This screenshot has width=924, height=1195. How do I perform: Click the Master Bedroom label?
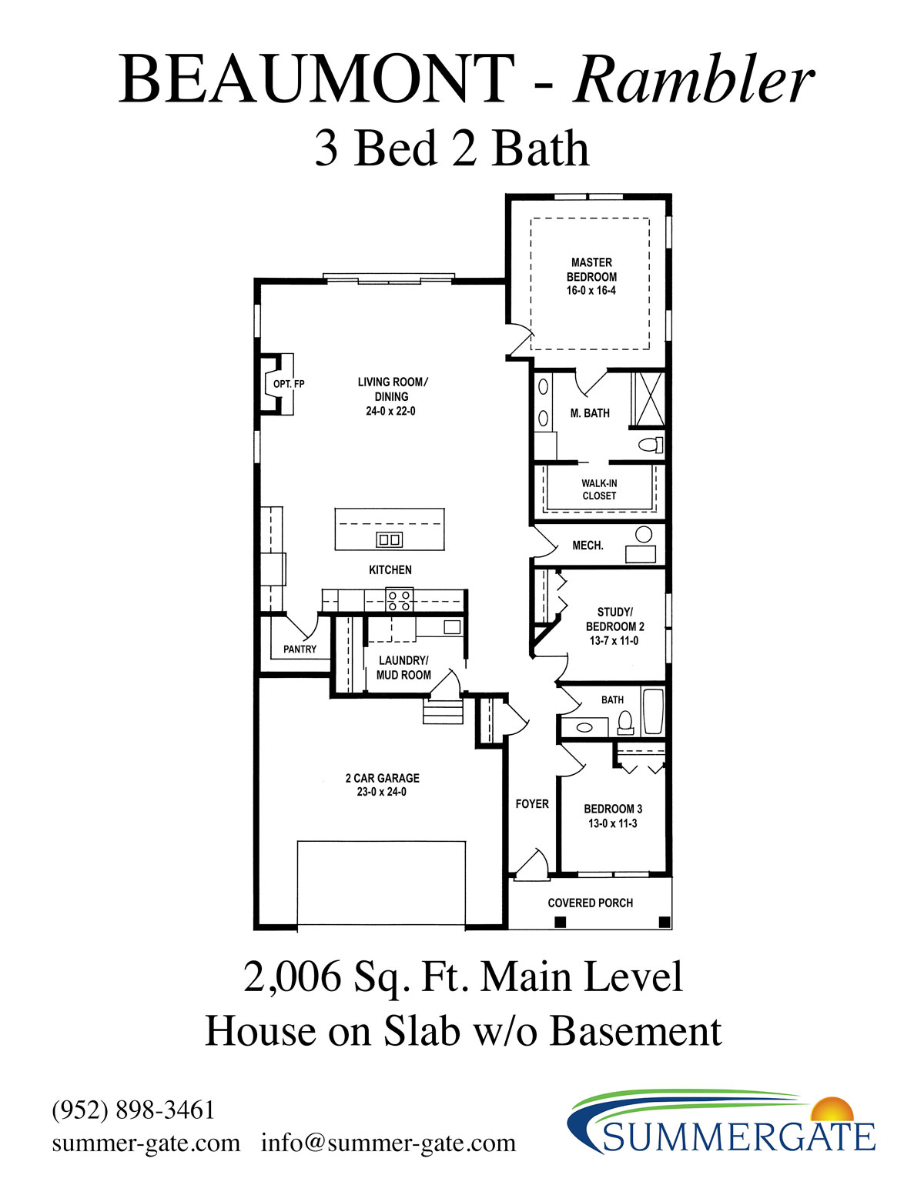(x=591, y=276)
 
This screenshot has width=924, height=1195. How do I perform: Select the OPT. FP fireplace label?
(x=289, y=384)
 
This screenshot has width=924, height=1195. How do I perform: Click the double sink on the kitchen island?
(x=389, y=539)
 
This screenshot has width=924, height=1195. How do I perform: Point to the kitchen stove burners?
(x=400, y=600)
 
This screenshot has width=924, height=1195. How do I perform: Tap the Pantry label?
(x=300, y=649)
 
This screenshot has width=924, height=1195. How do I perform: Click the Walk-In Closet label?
(x=599, y=489)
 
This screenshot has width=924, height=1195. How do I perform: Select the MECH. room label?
(x=588, y=546)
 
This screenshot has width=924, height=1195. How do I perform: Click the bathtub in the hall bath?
(x=653, y=712)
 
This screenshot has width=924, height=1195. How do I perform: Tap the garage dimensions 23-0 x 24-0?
(x=381, y=792)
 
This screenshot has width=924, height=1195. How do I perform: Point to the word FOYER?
(x=532, y=804)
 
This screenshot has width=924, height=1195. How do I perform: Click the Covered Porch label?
(x=590, y=903)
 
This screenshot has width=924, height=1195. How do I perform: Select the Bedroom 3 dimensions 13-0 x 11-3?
(x=612, y=823)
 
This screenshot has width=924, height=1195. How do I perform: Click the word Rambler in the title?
(x=694, y=80)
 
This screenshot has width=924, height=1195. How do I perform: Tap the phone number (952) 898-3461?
(x=133, y=1110)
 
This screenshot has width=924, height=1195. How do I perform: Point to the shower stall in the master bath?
(x=648, y=399)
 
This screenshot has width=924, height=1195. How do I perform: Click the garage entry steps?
(x=443, y=711)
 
